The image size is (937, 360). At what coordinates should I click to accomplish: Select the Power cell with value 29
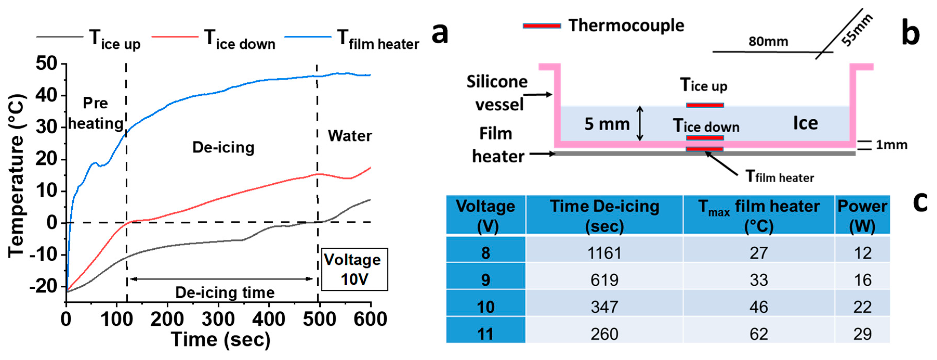tap(862, 334)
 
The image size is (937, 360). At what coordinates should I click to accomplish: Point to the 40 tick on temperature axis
tap(47, 95)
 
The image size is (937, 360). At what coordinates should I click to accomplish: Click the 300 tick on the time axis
tap(218, 319)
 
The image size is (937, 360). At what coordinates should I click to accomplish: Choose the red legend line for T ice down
tap(175, 37)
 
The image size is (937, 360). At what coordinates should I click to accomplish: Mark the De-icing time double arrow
tap(221, 279)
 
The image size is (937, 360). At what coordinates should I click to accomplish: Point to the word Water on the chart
tap(349, 136)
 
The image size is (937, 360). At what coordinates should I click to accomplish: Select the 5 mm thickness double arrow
tap(640, 124)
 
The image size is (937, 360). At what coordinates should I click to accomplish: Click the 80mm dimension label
tap(768, 42)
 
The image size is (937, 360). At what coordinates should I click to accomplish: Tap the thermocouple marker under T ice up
tap(704, 105)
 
